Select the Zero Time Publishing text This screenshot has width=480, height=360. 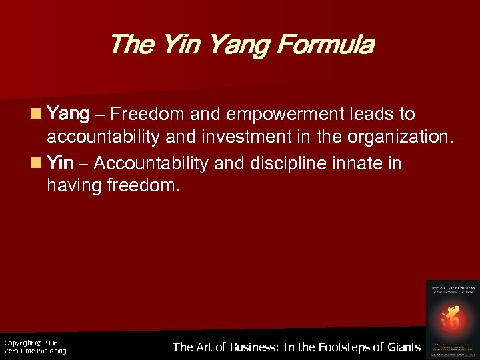point(35,351)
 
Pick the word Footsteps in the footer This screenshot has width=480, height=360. point(334,347)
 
